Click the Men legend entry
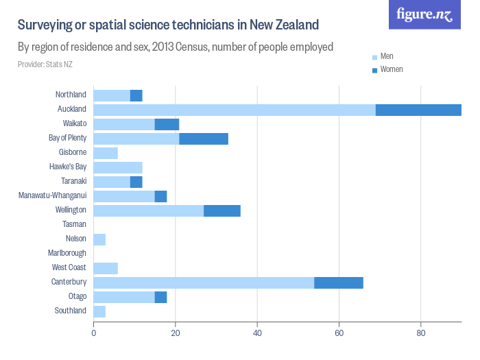click(387, 56)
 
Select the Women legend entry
click(391, 69)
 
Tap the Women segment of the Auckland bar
click(418, 110)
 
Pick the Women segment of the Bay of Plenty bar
click(204, 139)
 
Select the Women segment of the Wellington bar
click(222, 211)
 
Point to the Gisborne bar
click(106, 153)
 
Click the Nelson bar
click(99, 239)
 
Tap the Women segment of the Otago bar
click(161, 297)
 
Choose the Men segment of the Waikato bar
click(124, 124)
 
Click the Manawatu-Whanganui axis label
click(52, 195)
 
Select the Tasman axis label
click(74, 224)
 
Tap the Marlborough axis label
click(67, 253)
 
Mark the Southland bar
click(99, 311)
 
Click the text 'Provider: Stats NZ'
click(45, 64)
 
